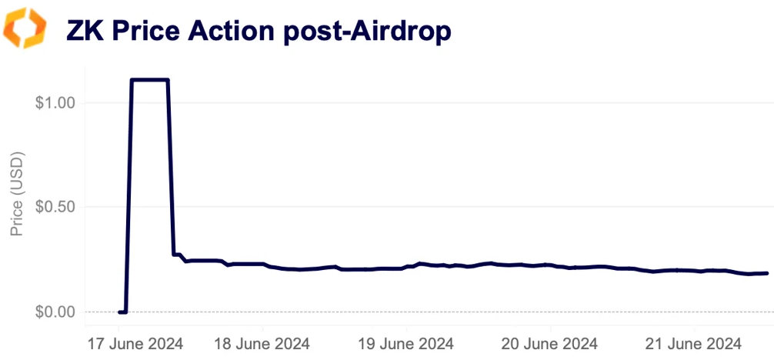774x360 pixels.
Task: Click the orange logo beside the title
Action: tap(25, 28)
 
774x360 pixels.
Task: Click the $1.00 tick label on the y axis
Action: tap(54, 102)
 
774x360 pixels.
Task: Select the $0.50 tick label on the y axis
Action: tap(54, 207)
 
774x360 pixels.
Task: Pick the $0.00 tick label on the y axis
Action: tap(54, 312)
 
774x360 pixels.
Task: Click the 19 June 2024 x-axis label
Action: tap(407, 343)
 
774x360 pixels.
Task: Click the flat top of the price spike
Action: tap(150, 80)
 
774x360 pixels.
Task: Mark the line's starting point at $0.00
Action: tap(120, 312)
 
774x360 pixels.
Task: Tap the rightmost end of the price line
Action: tap(766, 273)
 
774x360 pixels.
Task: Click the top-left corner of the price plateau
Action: tap(132, 80)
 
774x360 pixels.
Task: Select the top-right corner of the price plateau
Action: tap(168, 80)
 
